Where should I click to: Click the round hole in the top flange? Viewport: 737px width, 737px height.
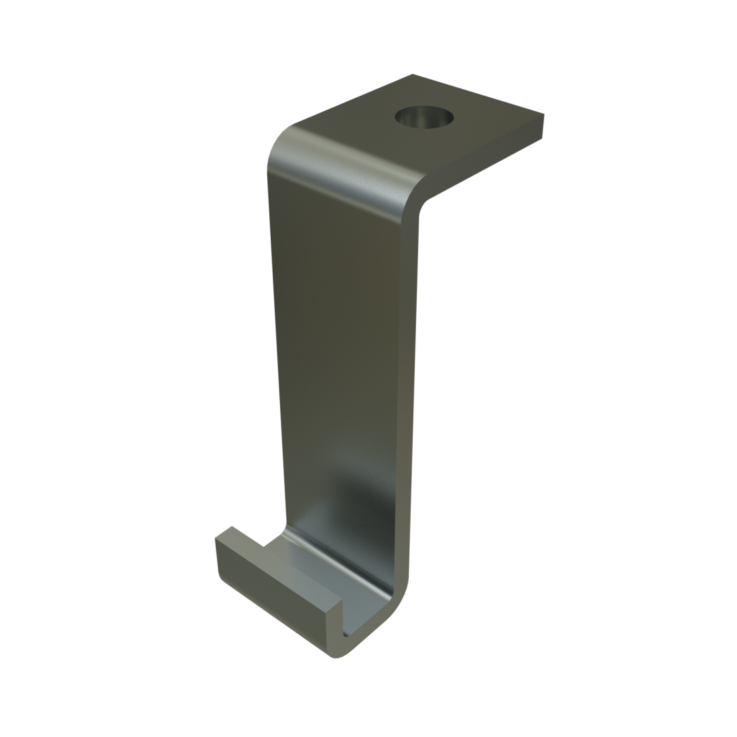coord(423,119)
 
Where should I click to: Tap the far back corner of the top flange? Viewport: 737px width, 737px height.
coord(413,75)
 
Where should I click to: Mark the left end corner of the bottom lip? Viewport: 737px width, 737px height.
coord(217,539)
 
